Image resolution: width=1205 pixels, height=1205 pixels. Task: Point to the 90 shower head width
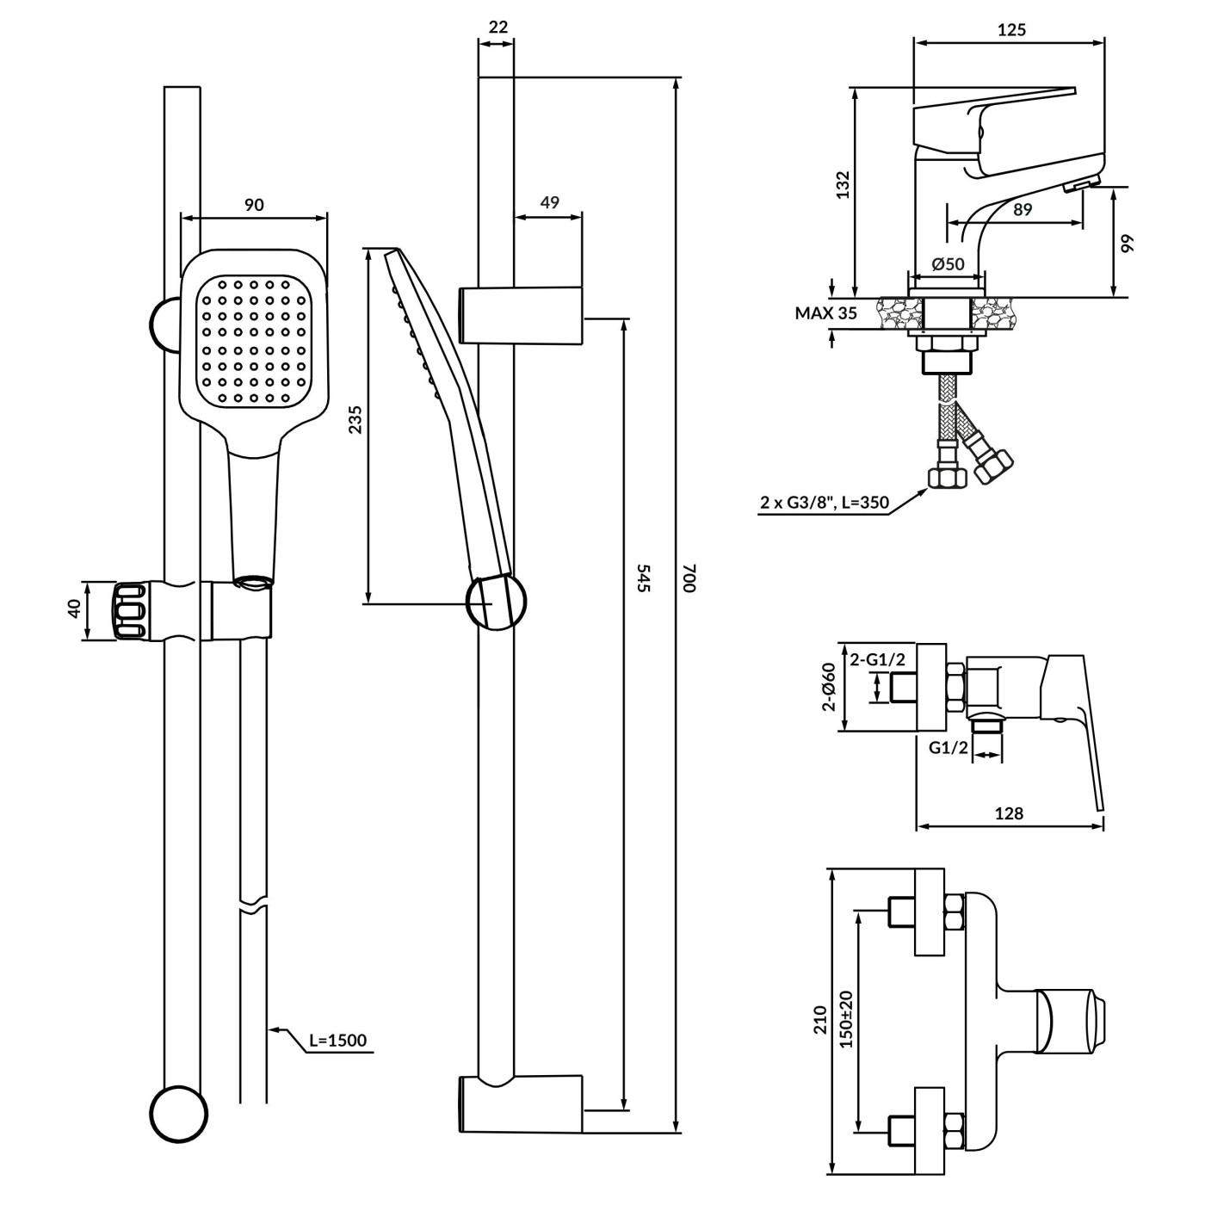click(254, 205)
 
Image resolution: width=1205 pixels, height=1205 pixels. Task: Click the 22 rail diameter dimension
click(497, 27)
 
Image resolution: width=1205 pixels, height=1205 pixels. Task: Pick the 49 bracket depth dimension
click(549, 202)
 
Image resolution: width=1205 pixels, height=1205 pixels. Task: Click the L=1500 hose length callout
click(337, 1041)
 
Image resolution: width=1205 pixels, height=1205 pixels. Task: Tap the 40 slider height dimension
click(74, 609)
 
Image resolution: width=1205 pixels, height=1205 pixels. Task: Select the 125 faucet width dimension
click(1012, 30)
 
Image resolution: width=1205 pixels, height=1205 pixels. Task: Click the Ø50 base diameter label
click(949, 264)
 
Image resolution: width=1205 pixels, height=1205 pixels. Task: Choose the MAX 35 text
click(825, 313)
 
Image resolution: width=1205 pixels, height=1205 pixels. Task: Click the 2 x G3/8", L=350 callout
click(824, 504)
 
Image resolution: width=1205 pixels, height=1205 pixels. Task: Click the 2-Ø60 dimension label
click(828, 688)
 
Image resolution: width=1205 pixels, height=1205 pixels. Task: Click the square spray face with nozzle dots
click(254, 342)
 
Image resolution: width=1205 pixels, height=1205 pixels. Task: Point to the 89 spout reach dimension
click(1022, 209)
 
